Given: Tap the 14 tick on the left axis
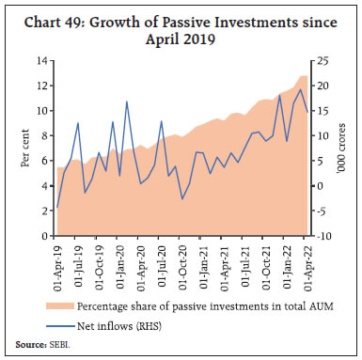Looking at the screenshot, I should tap(43, 61).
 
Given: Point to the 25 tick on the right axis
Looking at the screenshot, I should tap(323, 61).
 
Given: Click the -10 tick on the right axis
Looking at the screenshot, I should tap(325, 236).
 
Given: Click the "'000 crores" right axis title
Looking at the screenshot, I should tap(345, 149).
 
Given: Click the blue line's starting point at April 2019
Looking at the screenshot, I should tap(57, 207).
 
